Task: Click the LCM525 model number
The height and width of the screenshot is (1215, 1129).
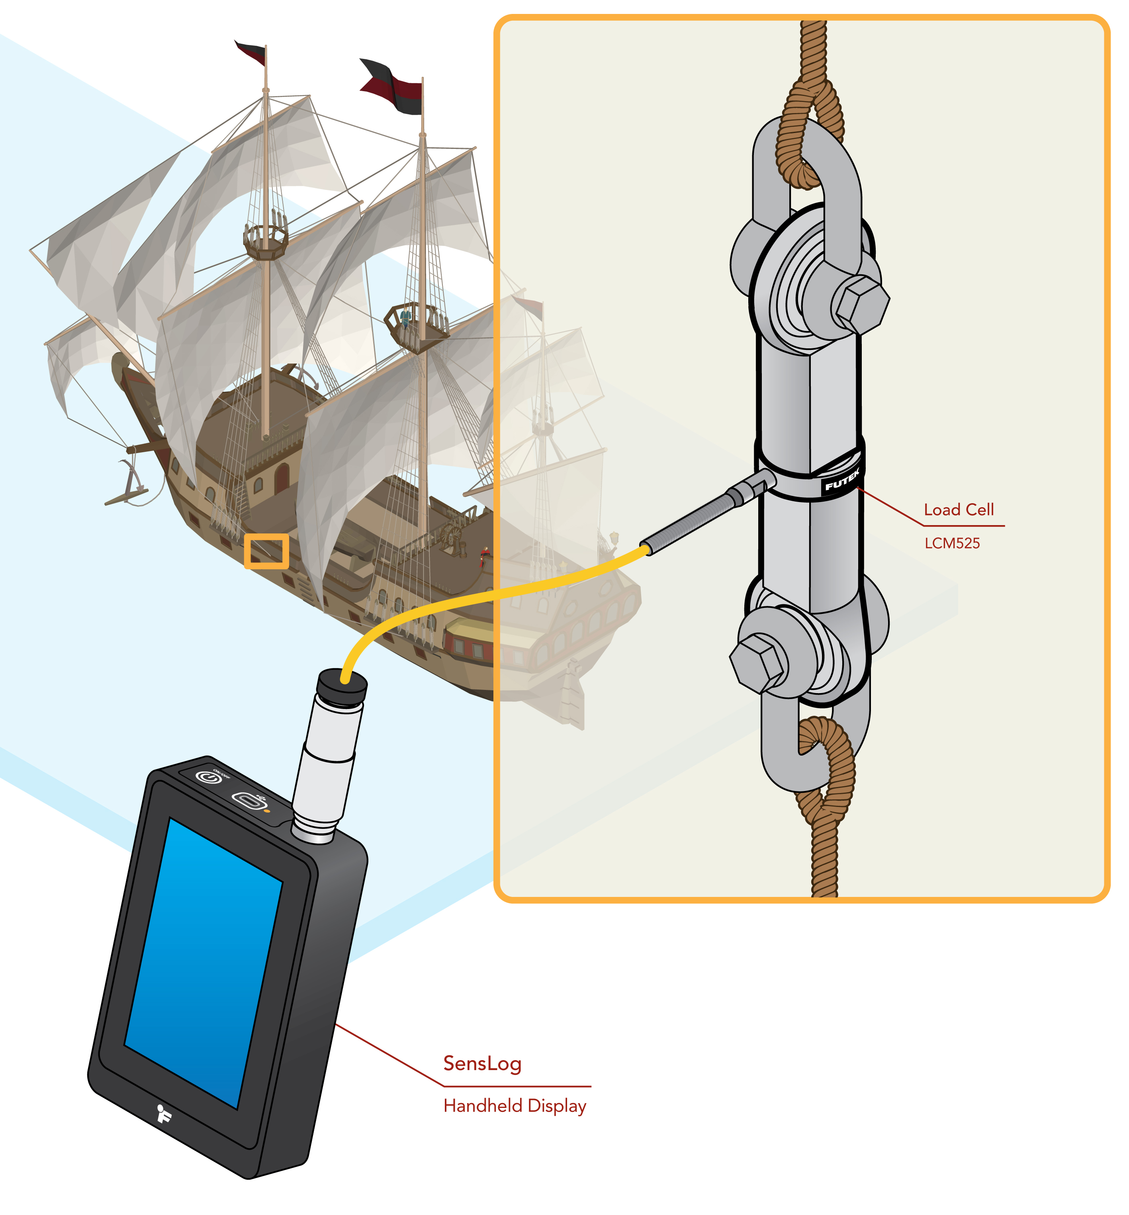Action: click(x=951, y=543)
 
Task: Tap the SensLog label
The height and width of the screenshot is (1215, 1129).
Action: click(x=482, y=1063)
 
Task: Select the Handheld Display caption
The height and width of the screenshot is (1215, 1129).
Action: click(x=515, y=1106)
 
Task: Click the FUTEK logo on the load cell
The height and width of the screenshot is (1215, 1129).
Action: click(x=842, y=481)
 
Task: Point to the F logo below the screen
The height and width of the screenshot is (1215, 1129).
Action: click(x=163, y=1113)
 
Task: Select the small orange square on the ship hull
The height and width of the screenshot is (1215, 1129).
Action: click(x=266, y=551)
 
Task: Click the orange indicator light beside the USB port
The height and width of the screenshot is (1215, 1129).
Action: click(x=267, y=811)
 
